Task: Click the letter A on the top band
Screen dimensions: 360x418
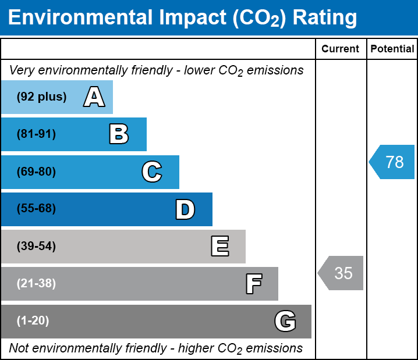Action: point(94,97)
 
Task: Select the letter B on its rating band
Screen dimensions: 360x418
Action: point(119,134)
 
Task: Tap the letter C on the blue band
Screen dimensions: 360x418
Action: point(151,172)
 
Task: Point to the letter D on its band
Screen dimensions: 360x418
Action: point(185,209)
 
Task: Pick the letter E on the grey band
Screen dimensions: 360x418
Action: point(219,247)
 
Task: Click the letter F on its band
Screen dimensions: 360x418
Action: point(253,284)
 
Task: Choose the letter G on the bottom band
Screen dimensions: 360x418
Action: point(285,321)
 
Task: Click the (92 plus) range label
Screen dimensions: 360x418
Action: point(42,97)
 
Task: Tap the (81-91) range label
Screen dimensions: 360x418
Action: point(36,134)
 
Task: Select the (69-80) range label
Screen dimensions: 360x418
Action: point(36,172)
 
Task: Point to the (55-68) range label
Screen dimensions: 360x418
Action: point(36,209)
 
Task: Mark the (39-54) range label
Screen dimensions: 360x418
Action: point(36,247)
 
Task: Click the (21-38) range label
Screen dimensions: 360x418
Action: point(36,284)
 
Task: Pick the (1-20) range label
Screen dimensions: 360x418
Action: point(33,321)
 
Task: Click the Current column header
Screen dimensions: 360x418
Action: point(341,49)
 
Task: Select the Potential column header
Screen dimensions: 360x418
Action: point(392,49)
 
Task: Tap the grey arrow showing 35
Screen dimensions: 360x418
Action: point(341,273)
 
